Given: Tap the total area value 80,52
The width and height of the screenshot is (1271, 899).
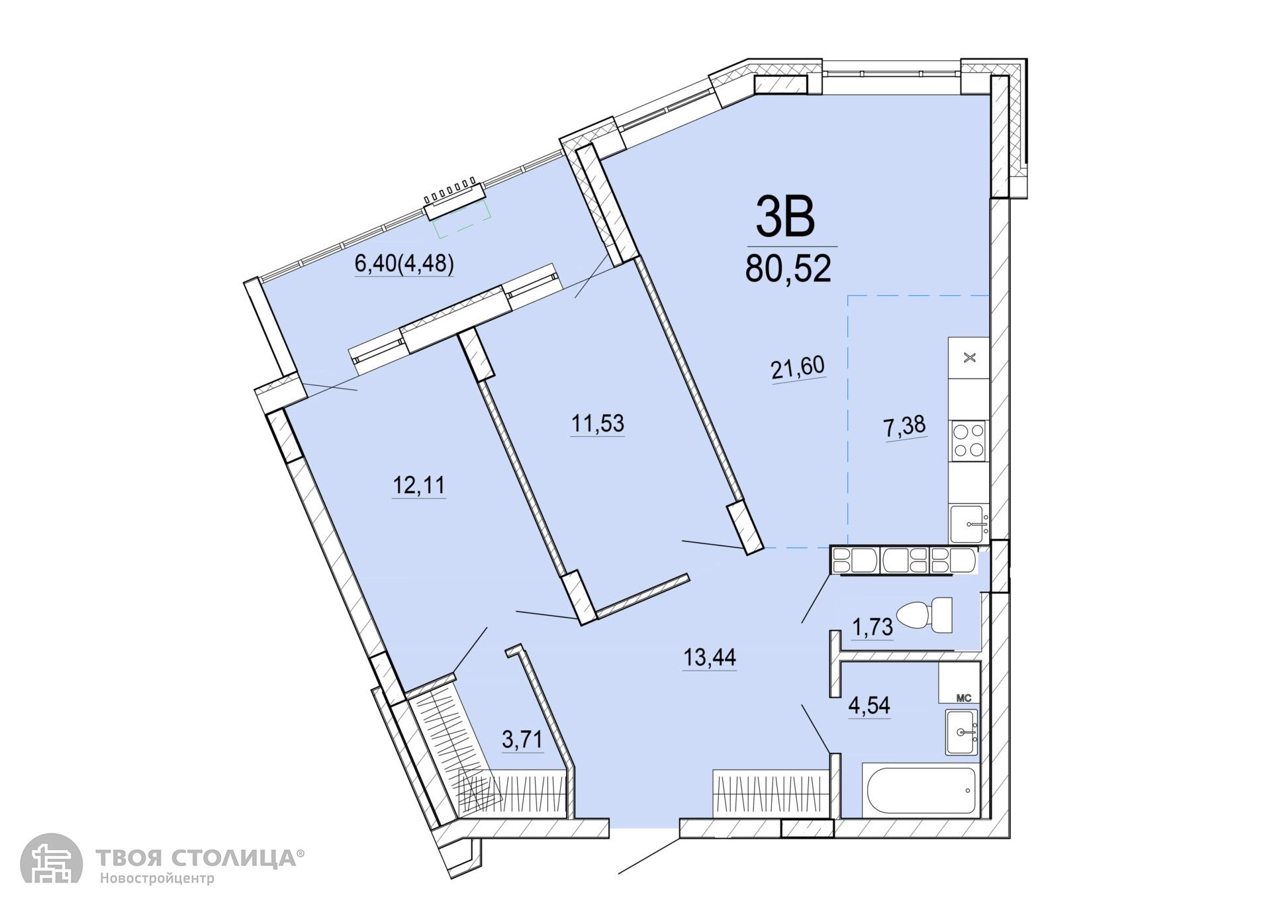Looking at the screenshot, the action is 788,269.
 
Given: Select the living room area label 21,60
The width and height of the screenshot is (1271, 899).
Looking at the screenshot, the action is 798,368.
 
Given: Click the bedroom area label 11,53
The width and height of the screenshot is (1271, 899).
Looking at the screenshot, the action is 598,423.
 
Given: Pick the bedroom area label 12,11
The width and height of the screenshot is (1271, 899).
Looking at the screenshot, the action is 419,486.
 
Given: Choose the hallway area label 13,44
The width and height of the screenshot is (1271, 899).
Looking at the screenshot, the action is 710,657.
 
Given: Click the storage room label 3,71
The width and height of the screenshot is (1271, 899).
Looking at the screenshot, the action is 522,739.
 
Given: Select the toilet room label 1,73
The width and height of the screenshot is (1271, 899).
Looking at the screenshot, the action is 872,627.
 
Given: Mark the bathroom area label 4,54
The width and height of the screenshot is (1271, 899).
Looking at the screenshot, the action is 869,706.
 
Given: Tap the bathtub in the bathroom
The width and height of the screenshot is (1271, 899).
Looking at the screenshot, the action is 920,790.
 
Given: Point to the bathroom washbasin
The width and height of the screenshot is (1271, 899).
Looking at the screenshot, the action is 961,732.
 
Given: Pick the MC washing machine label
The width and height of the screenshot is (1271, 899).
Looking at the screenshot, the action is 964,697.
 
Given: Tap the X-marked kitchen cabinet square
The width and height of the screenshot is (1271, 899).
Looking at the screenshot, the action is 969,358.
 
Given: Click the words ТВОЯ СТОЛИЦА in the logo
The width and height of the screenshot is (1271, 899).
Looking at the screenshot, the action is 197,859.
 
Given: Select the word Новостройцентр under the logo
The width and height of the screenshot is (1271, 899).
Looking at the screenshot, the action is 158,879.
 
